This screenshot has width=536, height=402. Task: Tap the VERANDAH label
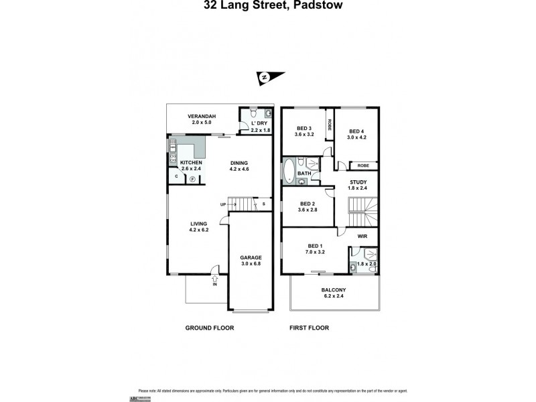[201, 116]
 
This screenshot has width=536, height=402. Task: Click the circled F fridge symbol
[192, 180]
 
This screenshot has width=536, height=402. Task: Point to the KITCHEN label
[191, 163]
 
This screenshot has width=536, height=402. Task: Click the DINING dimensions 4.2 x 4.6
[239, 170]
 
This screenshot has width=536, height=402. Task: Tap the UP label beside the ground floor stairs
[222, 204]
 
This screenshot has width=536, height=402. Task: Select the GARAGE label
[251, 257]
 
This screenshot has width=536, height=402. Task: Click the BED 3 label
[304, 128]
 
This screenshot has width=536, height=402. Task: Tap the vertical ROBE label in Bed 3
[330, 125]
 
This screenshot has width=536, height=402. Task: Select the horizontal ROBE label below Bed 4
[362, 165]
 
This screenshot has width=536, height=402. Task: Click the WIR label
[362, 236]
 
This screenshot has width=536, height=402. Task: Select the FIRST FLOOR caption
[309, 328]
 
